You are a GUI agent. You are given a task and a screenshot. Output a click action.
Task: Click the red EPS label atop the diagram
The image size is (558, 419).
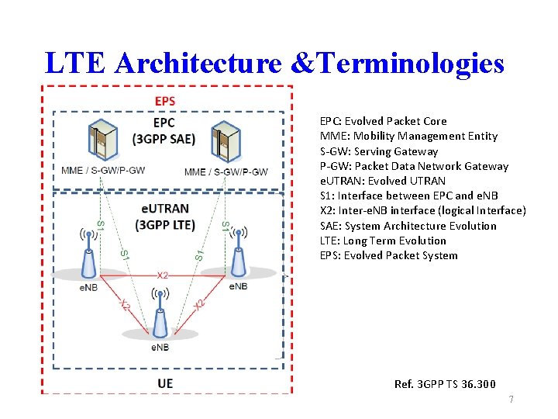(x=164, y=101)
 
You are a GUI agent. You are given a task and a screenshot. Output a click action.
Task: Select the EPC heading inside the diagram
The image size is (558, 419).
(x=164, y=123)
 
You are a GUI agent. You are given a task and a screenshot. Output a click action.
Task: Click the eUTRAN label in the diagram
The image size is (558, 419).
(x=164, y=209)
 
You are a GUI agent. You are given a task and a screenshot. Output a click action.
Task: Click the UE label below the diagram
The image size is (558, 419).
(x=165, y=383)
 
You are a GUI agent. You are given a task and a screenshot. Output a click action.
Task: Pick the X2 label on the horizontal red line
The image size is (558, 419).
(x=163, y=275)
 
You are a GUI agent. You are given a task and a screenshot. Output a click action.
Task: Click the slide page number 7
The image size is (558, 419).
(x=510, y=400)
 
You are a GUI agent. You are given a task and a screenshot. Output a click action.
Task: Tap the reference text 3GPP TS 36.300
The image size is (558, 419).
(x=445, y=384)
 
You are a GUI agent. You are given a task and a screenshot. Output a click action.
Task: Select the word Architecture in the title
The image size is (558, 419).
(x=196, y=63)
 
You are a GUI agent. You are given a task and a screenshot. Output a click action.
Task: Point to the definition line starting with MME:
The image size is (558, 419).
(x=408, y=136)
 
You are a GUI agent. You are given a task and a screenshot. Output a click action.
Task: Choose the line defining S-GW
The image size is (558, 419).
(x=379, y=151)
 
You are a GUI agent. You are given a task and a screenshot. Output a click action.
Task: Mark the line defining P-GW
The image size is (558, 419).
(x=414, y=166)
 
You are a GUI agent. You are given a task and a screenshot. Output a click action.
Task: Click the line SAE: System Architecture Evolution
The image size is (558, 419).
(x=408, y=226)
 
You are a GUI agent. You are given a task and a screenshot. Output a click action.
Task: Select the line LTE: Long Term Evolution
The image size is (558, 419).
(x=383, y=241)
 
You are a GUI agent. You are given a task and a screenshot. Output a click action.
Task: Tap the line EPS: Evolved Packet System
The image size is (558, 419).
(x=388, y=255)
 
